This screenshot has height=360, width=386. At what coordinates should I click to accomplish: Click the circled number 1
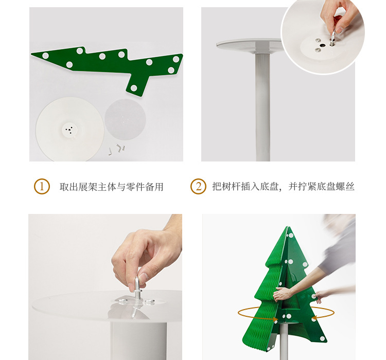42,186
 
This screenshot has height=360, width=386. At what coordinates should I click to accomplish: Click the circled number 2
198,186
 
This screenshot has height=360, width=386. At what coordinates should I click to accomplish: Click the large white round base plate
70,130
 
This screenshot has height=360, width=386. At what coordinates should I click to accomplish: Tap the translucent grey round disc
125,119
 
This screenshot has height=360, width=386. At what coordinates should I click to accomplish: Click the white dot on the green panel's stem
134,88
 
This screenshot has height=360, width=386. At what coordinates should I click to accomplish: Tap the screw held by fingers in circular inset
333,39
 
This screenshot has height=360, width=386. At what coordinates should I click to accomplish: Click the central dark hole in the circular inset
322,45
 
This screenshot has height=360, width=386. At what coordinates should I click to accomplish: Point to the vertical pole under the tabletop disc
263,106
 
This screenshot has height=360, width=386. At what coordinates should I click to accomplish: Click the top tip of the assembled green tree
288,227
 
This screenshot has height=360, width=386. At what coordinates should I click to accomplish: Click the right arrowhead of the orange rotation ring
314,318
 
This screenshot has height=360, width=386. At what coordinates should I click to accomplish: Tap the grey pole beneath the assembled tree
284,342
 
